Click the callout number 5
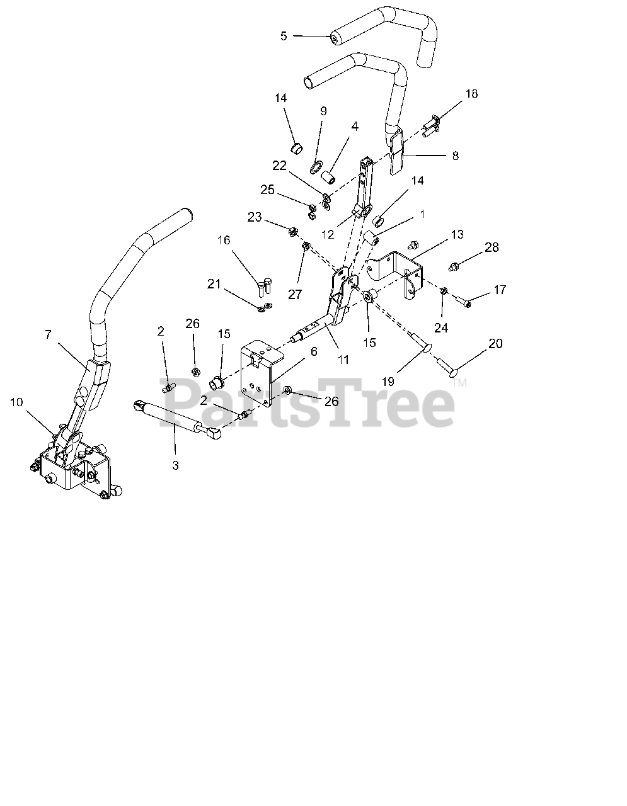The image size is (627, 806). (284, 36)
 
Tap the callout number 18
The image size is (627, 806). (471, 94)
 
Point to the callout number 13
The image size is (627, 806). (457, 234)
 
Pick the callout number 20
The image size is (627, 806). (495, 343)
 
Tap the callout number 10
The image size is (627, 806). (16, 402)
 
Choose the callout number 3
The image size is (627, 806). (175, 465)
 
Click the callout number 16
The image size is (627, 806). (224, 240)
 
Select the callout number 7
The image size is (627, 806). (48, 334)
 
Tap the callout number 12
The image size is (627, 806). (327, 234)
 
